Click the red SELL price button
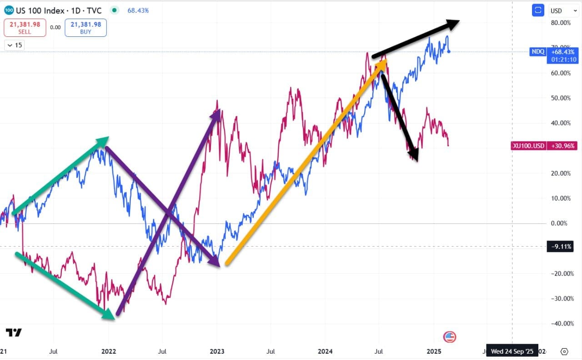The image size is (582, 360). point(25,27)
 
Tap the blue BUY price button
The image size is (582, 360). point(85,27)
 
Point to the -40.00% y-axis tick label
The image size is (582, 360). point(560,324)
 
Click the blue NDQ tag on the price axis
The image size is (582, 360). point(537,52)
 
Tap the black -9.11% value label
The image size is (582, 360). point(561,247)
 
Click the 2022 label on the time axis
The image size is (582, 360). point(109,351)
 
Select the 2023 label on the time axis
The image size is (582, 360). point(217,351)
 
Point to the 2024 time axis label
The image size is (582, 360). point(325,351)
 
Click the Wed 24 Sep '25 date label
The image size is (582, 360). point(512,351)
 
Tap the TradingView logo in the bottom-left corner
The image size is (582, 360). point(14,333)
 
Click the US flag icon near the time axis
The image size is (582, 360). point(449,337)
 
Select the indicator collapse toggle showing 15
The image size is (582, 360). point(15,45)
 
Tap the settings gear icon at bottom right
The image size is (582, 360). point(564,351)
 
